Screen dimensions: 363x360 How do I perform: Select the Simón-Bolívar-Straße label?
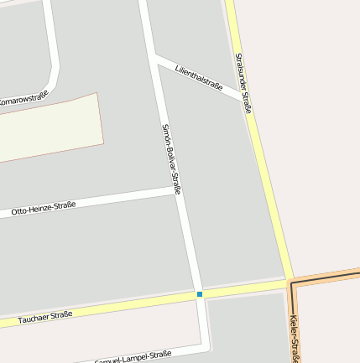171,158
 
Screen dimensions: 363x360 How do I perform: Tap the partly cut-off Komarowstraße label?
23,99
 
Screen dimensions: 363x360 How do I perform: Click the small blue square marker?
200,294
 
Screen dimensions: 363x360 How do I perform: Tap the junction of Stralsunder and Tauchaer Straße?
290,282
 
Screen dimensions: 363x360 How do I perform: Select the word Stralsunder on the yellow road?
240,72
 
